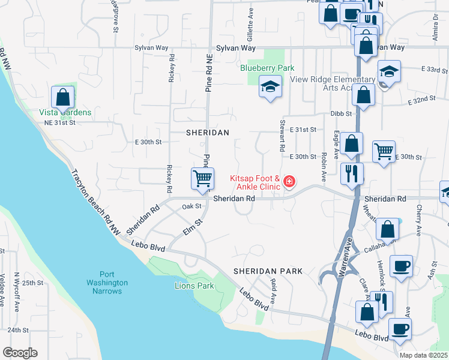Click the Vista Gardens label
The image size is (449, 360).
[65, 112]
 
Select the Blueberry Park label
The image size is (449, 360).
[267, 68]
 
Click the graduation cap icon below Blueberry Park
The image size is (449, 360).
[270, 86]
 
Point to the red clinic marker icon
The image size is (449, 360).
[289, 181]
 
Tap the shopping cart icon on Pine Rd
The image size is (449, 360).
[203, 178]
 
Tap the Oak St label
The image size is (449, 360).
[191, 206]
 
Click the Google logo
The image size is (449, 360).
[20, 353]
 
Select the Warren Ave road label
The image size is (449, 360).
[343, 257]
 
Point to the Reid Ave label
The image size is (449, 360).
[273, 291]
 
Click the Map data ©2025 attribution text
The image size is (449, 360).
[423, 355]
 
